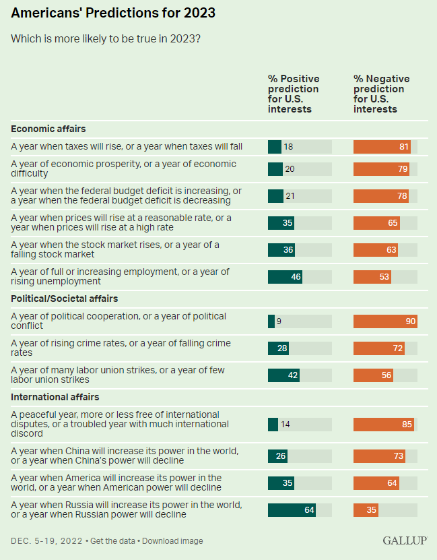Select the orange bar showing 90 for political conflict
pyautogui.click(x=385, y=321)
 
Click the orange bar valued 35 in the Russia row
pyautogui.click(x=366, y=509)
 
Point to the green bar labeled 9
pyautogui.click(x=271, y=321)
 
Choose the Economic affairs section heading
pyautogui.click(x=48, y=129)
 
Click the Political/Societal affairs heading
pyautogui.click(x=65, y=299)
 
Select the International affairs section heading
pyautogui.click(x=55, y=397)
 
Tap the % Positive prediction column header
pyautogui.click(x=294, y=94)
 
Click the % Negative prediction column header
pyautogui.click(x=382, y=94)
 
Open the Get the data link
pyautogui.click(x=114, y=540)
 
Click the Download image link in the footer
pyautogui.click(x=172, y=540)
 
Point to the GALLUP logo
pyautogui.click(x=404, y=540)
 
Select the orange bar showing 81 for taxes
pyautogui.click(x=382, y=146)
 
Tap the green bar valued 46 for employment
pyautogui.click(x=285, y=276)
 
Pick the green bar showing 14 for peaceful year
pyautogui.click(x=273, y=424)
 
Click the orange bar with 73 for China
pyautogui.click(x=379, y=456)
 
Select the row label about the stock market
pyautogui.click(x=115, y=249)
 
